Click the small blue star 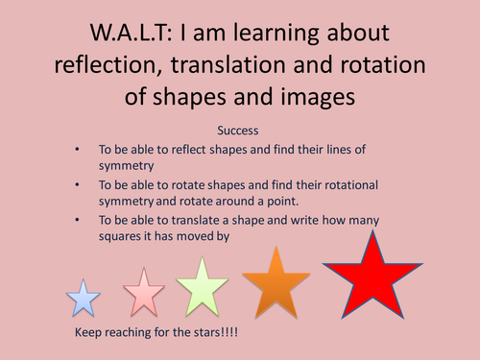point(84,299)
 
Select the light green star point(201,287)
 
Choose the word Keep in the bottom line point(89,332)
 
